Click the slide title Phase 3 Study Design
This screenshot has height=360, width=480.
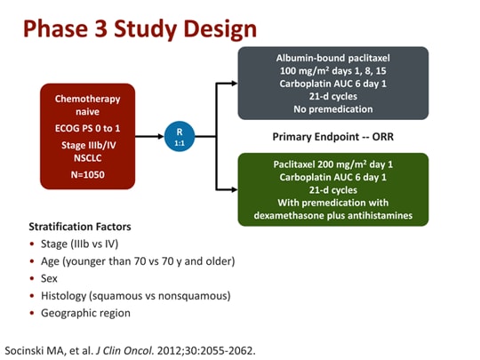[x=140, y=28]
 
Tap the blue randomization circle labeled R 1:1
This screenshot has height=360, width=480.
[x=179, y=136]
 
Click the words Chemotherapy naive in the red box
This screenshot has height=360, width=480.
[x=87, y=105]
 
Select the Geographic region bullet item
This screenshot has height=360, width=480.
[x=85, y=313]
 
